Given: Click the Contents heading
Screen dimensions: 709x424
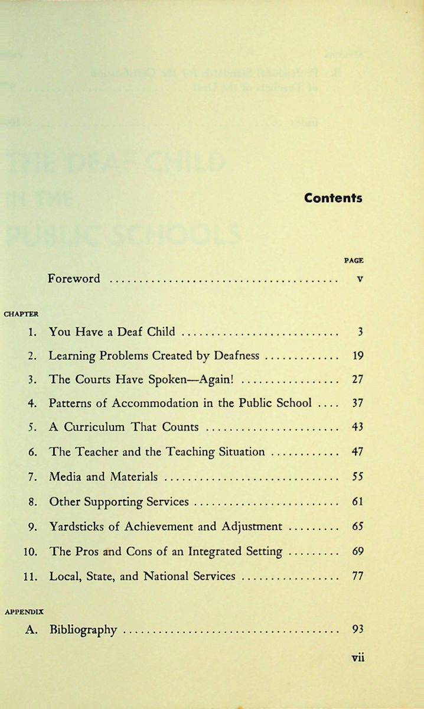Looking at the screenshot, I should point(333,199).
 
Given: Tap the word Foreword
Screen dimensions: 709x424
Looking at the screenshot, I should point(74,278).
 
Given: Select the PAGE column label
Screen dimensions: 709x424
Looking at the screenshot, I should point(354,260).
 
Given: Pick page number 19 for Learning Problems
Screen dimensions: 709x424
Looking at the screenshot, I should point(357,356).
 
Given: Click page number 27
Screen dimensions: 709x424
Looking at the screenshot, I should point(357,380).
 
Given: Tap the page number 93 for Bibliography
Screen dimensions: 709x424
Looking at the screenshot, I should point(357,629).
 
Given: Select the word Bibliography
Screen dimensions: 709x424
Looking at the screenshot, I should point(83,630).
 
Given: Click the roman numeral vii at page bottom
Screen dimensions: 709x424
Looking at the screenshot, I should point(357,658).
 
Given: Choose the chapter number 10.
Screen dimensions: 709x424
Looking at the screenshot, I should point(31,552).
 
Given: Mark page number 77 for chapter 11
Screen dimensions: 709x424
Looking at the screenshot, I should point(357,576).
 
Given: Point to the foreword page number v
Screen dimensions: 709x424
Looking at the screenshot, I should point(359,278).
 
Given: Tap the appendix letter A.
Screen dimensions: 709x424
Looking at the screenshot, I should point(31,630).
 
